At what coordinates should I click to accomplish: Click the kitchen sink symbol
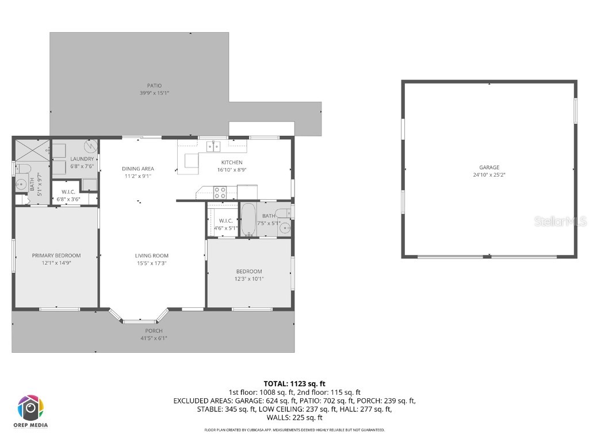213,146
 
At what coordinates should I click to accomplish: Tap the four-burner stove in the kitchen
220,192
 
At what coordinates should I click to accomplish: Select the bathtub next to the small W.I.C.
248,220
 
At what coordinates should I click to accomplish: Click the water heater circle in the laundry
87,147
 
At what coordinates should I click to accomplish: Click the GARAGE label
489,167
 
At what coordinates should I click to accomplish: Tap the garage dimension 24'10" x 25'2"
489,174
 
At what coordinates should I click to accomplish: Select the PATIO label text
154,86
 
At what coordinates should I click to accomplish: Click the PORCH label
154,331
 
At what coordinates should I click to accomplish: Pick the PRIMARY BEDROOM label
56,256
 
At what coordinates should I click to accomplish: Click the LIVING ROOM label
152,256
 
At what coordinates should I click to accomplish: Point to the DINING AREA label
138,169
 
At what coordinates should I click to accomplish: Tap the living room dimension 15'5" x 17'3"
152,263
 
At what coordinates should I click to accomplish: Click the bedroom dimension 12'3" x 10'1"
249,279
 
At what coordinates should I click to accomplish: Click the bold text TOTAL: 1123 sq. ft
294,383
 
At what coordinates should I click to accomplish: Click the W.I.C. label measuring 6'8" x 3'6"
68,192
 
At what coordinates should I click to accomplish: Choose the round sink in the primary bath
19,184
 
